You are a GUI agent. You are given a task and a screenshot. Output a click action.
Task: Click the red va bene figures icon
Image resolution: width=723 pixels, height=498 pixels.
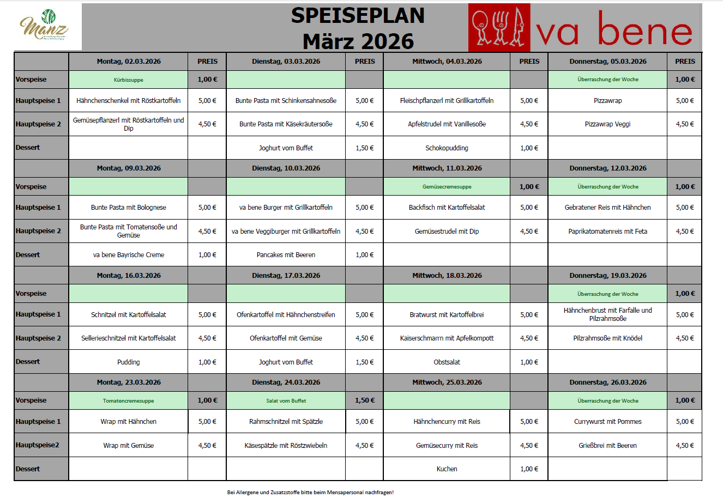click(499, 27)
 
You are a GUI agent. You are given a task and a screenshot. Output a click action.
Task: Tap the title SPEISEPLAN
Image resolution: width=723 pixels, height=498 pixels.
click(358, 15)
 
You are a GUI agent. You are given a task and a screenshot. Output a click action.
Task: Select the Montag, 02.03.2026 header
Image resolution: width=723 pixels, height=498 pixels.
click(129, 62)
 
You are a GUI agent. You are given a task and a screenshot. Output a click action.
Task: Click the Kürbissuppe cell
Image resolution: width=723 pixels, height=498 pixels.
click(129, 80)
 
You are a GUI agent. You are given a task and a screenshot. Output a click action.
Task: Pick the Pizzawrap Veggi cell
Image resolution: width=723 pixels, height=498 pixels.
click(607, 124)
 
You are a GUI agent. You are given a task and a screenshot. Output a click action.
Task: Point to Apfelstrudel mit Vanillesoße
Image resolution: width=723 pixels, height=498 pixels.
click(447, 124)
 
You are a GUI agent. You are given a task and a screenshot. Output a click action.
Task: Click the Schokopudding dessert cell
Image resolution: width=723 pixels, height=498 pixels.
click(447, 148)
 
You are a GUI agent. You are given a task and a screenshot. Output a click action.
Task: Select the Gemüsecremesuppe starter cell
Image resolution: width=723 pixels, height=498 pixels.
click(447, 187)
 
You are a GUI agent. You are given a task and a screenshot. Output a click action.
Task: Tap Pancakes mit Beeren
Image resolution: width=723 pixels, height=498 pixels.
click(286, 255)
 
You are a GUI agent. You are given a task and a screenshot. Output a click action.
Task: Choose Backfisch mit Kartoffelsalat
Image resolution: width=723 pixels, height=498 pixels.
click(447, 208)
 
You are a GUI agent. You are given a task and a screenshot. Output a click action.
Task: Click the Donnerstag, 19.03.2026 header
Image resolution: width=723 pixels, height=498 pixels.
click(607, 276)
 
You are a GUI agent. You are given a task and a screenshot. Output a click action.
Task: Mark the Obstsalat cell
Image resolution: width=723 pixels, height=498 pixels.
click(447, 362)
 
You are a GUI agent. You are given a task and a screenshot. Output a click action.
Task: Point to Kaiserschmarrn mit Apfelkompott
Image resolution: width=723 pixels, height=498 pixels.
click(447, 338)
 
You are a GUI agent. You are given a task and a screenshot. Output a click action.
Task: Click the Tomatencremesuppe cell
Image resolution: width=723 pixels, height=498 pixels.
click(129, 401)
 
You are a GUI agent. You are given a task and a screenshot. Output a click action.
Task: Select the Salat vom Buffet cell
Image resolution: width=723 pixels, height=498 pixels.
click(286, 401)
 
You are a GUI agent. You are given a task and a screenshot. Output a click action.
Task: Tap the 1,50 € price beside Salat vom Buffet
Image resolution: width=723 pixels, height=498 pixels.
click(365, 400)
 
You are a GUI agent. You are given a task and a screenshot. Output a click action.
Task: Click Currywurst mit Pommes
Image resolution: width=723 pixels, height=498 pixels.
click(607, 422)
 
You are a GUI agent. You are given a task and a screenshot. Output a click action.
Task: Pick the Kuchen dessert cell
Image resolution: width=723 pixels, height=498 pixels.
click(447, 469)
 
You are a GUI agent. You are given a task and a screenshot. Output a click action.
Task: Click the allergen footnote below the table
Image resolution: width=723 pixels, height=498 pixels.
click(310, 493)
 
